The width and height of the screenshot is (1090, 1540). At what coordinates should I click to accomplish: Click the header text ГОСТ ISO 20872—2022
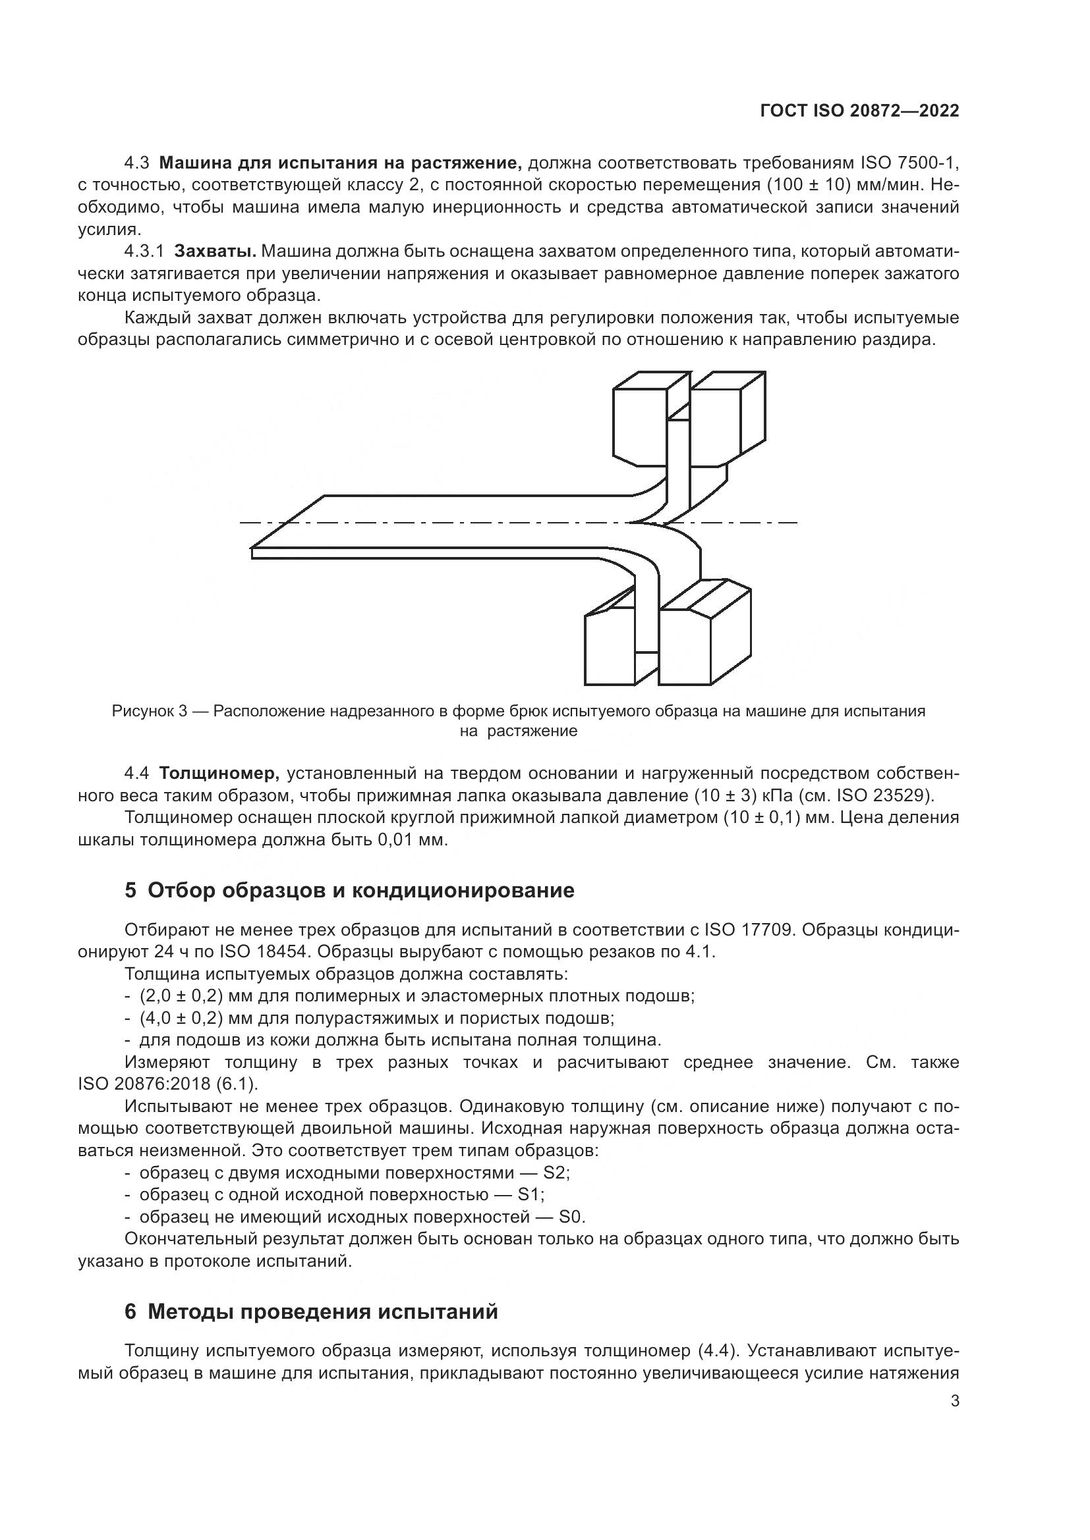(x=859, y=111)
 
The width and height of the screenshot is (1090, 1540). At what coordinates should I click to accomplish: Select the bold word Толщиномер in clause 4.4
(x=219, y=774)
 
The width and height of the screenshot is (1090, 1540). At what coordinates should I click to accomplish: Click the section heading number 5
(x=131, y=891)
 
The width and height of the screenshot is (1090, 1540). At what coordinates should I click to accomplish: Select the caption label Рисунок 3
(x=149, y=711)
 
